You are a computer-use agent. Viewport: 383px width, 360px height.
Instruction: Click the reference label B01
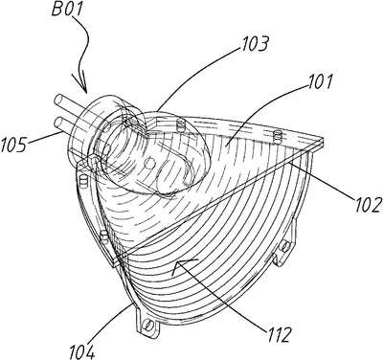pos(67,10)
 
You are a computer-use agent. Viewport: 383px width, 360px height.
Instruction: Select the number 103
pos(255,45)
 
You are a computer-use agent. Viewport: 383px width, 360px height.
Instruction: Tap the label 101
pos(319,81)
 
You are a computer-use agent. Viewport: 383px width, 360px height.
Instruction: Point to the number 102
pos(367,204)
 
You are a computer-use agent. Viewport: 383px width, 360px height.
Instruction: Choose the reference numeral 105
pos(13,146)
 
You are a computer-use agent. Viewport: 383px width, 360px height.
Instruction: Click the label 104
pos(82,351)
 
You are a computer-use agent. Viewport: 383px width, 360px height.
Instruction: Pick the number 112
pos(279,334)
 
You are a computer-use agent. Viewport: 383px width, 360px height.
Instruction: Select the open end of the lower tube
pos(59,123)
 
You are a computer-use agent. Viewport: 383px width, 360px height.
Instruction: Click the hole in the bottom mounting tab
pos(146,325)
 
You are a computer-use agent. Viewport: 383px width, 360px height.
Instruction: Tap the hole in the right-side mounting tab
pos(284,245)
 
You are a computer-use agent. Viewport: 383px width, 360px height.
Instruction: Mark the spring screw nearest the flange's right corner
pos(278,137)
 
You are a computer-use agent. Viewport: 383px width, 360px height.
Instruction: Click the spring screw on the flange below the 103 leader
pos(181,126)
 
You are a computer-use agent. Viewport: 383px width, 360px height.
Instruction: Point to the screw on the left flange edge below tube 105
pos(83,181)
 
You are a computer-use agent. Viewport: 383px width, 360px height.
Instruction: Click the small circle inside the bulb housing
pos(148,163)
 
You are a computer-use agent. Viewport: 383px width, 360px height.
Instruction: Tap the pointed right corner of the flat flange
pos(323,141)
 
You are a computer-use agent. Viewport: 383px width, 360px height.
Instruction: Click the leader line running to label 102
pos(323,181)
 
